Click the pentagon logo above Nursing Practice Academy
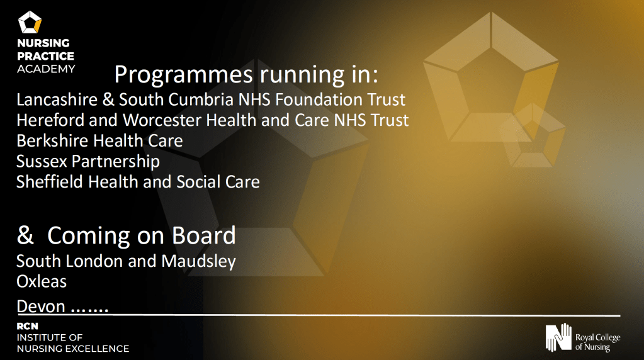point(30,22)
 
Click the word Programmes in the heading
point(183,75)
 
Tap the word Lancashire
point(57,99)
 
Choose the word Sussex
point(42,161)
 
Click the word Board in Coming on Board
point(204,235)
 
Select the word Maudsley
point(199,262)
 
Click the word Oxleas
point(42,281)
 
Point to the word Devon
point(41,307)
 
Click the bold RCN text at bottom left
point(28,327)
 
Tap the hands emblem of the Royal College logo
point(558,337)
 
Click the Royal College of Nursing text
point(597,342)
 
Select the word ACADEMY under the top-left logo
point(46,69)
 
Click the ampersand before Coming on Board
point(25,235)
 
